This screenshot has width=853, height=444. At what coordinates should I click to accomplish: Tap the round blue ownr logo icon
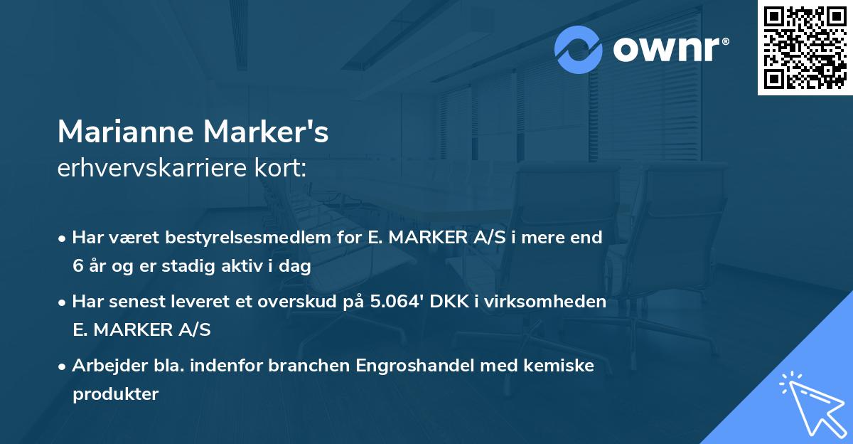[x=579, y=49]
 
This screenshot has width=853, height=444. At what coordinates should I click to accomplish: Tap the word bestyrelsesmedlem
[x=247, y=238]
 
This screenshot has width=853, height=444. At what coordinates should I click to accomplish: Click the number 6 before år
[x=77, y=267]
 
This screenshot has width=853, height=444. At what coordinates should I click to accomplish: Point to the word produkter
[x=115, y=394]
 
